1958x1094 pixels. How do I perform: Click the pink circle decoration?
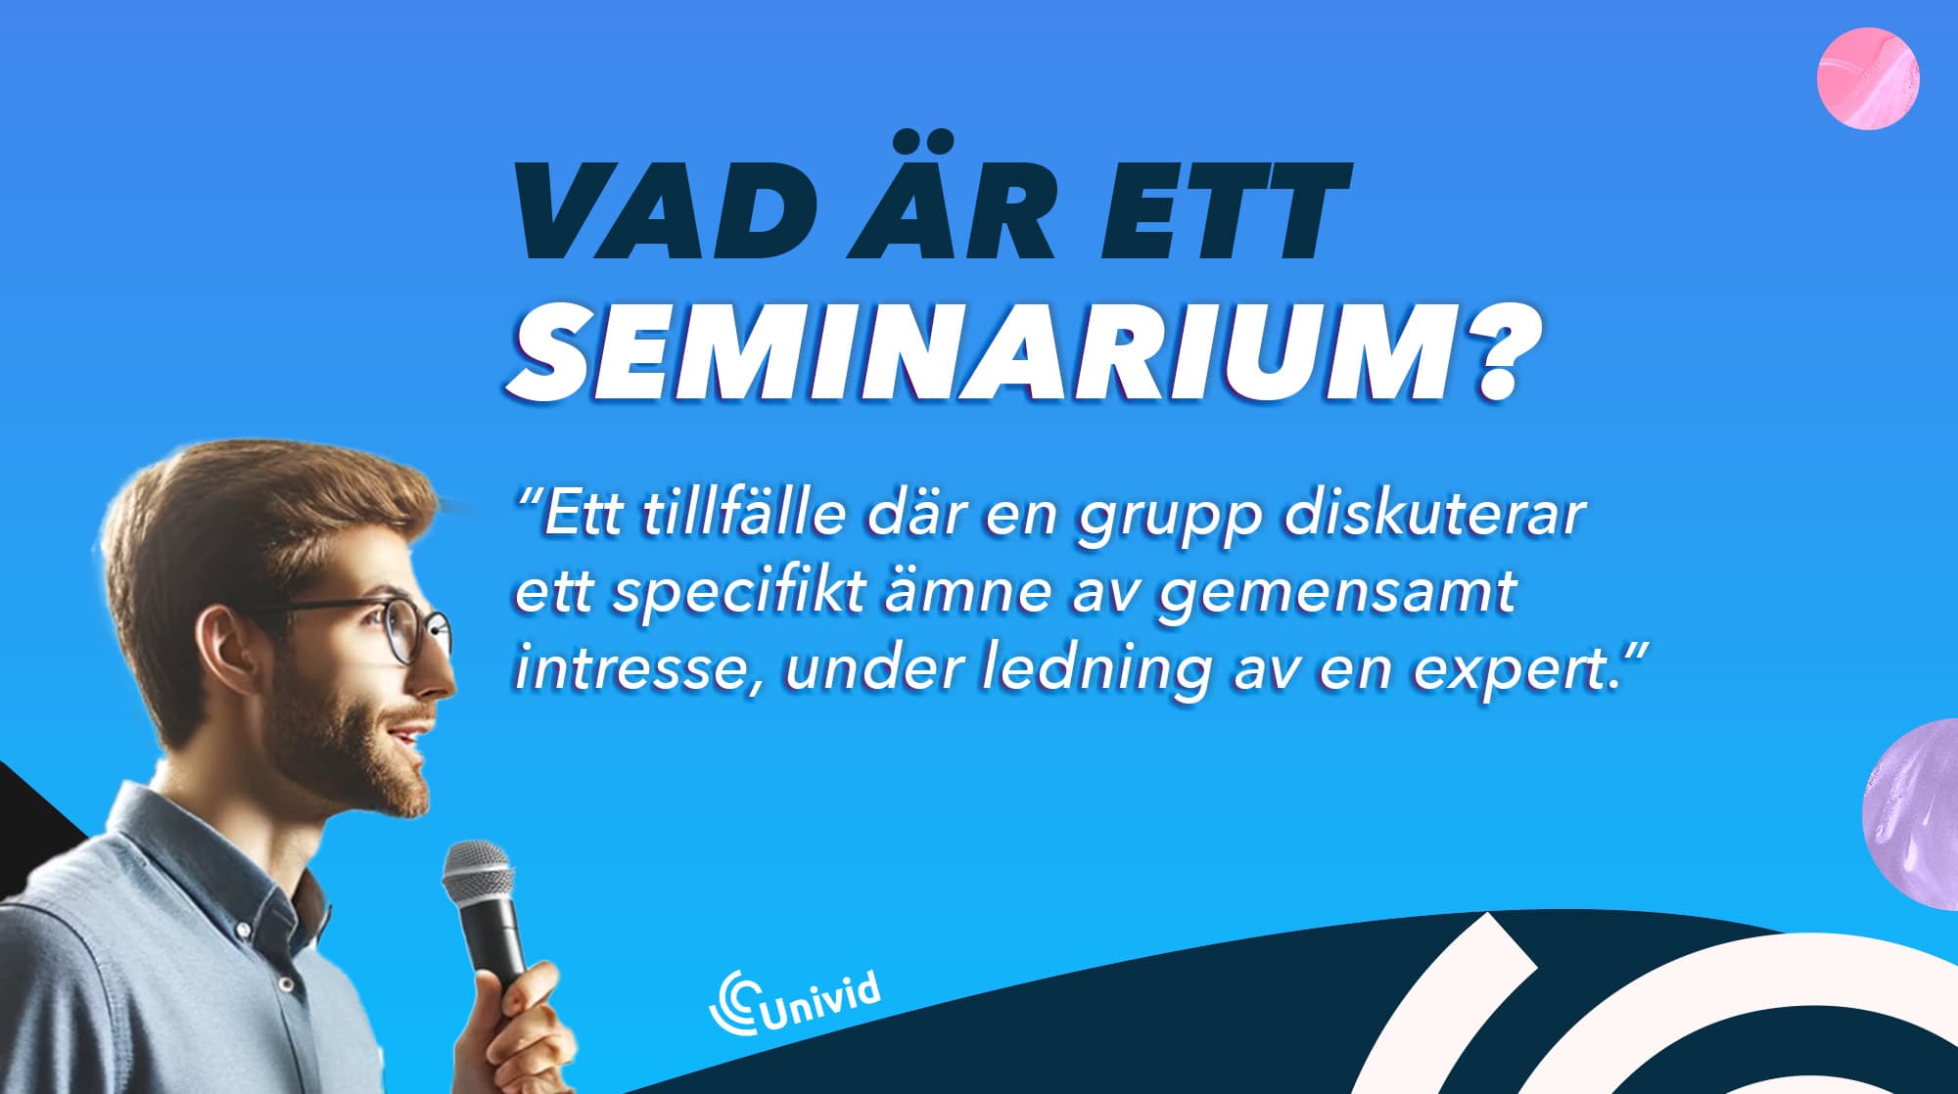[1868, 78]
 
